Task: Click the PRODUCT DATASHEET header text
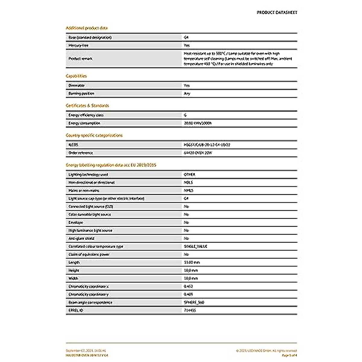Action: [x=277, y=12]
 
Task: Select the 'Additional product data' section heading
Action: [x=87, y=28]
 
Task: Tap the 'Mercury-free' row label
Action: [x=78, y=46]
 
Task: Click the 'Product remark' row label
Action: [x=81, y=59]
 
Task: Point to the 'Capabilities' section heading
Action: [x=76, y=76]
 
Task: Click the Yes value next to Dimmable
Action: [x=187, y=86]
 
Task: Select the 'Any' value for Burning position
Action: [x=187, y=94]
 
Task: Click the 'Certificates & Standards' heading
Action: [x=87, y=106]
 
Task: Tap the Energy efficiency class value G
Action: [x=185, y=115]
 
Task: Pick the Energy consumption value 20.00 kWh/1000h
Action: [x=198, y=123]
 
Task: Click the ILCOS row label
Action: [x=73, y=145]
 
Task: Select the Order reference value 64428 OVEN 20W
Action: [x=198, y=153]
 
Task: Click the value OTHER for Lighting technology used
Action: [x=189, y=175]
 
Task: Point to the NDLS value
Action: [x=188, y=183]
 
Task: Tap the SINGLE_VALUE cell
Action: [x=195, y=246]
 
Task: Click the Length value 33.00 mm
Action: [x=192, y=262]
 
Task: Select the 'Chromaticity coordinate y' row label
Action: [x=88, y=294]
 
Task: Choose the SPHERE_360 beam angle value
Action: [x=194, y=302]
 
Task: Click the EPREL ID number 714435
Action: [x=190, y=310]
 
